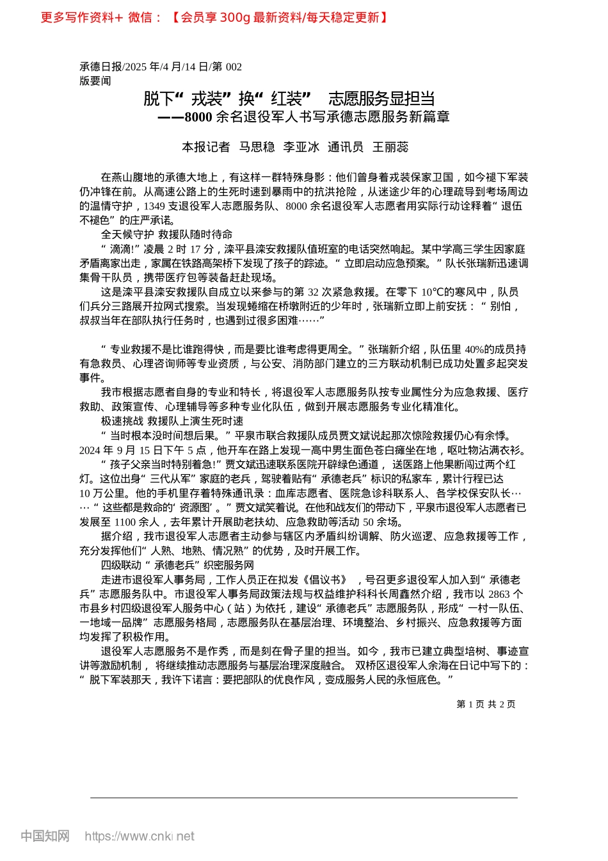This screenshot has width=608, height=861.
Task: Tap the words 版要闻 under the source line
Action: click(x=95, y=81)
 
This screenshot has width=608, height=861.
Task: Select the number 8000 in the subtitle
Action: click(x=198, y=117)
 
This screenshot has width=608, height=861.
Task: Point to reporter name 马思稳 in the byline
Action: click(x=257, y=147)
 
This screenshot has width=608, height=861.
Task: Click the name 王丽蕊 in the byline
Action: click(x=390, y=147)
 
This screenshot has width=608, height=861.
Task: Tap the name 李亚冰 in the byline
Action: click(x=301, y=147)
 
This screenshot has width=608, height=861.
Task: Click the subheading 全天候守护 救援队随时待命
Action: click(x=166, y=234)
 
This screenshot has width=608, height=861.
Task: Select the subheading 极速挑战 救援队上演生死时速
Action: click(x=172, y=421)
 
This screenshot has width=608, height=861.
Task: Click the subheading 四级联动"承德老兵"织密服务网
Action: click(x=177, y=565)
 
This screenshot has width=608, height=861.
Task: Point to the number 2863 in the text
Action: click(x=499, y=594)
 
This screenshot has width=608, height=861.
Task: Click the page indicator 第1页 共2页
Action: click(x=486, y=704)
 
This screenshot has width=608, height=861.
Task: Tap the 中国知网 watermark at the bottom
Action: click(x=45, y=836)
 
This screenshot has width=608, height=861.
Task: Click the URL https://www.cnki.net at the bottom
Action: click(x=140, y=836)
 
